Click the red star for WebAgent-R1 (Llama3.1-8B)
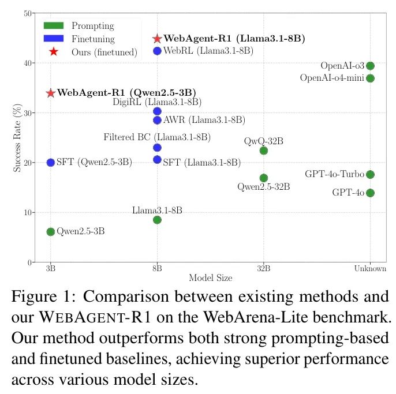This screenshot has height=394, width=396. pyautogui.click(x=157, y=39)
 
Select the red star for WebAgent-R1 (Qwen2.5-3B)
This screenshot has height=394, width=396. pyautogui.click(x=51, y=93)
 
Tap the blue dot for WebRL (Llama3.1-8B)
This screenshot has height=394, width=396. pyautogui.click(x=157, y=51)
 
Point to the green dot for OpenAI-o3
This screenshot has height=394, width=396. pyautogui.click(x=370, y=66)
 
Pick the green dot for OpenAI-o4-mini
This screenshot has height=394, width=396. pyautogui.click(x=370, y=78)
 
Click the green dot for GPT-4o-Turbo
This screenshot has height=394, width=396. pyautogui.click(x=370, y=174)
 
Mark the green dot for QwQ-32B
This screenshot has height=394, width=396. pyautogui.click(x=264, y=151)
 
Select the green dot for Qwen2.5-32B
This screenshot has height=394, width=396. pyautogui.click(x=264, y=178)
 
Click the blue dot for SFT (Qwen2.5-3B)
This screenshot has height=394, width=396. pyautogui.click(x=51, y=163)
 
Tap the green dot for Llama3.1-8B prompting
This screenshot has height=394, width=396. pyautogui.click(x=157, y=220)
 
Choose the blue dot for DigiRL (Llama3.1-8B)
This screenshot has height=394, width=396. pyautogui.click(x=157, y=111)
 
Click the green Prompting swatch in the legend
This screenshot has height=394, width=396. pyautogui.click(x=54, y=26)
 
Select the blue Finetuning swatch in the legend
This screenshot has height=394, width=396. pyautogui.click(x=54, y=39)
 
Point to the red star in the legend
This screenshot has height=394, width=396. pyautogui.click(x=54, y=52)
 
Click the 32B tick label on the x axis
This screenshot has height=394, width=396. pyautogui.click(x=264, y=269)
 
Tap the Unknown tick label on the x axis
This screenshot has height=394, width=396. pyautogui.click(x=370, y=269)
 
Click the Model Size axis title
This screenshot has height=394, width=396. pyautogui.click(x=210, y=278)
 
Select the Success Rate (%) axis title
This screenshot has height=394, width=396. pyautogui.click(x=17, y=137)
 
